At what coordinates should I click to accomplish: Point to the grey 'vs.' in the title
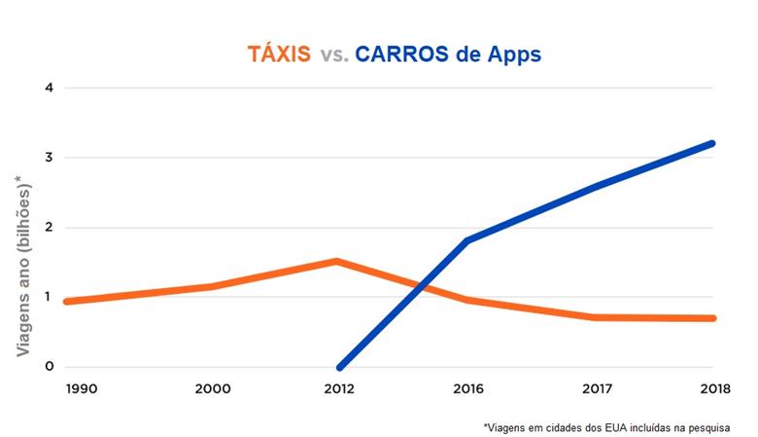click(332, 55)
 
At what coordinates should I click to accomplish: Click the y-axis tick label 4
click(48, 89)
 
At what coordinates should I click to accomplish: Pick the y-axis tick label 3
click(48, 158)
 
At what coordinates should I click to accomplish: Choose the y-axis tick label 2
click(48, 228)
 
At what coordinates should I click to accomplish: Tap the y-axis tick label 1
click(48, 298)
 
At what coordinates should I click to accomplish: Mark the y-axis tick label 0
click(48, 368)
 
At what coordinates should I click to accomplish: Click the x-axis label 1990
click(83, 388)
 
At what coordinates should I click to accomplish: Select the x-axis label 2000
click(212, 388)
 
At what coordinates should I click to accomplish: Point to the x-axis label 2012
click(337, 388)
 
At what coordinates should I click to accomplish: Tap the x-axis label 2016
click(467, 388)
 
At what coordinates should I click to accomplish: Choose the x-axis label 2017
click(591, 388)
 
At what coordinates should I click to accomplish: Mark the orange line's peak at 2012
click(336, 261)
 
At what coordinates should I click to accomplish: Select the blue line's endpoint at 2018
click(712, 144)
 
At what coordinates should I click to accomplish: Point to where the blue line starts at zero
click(339, 367)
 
